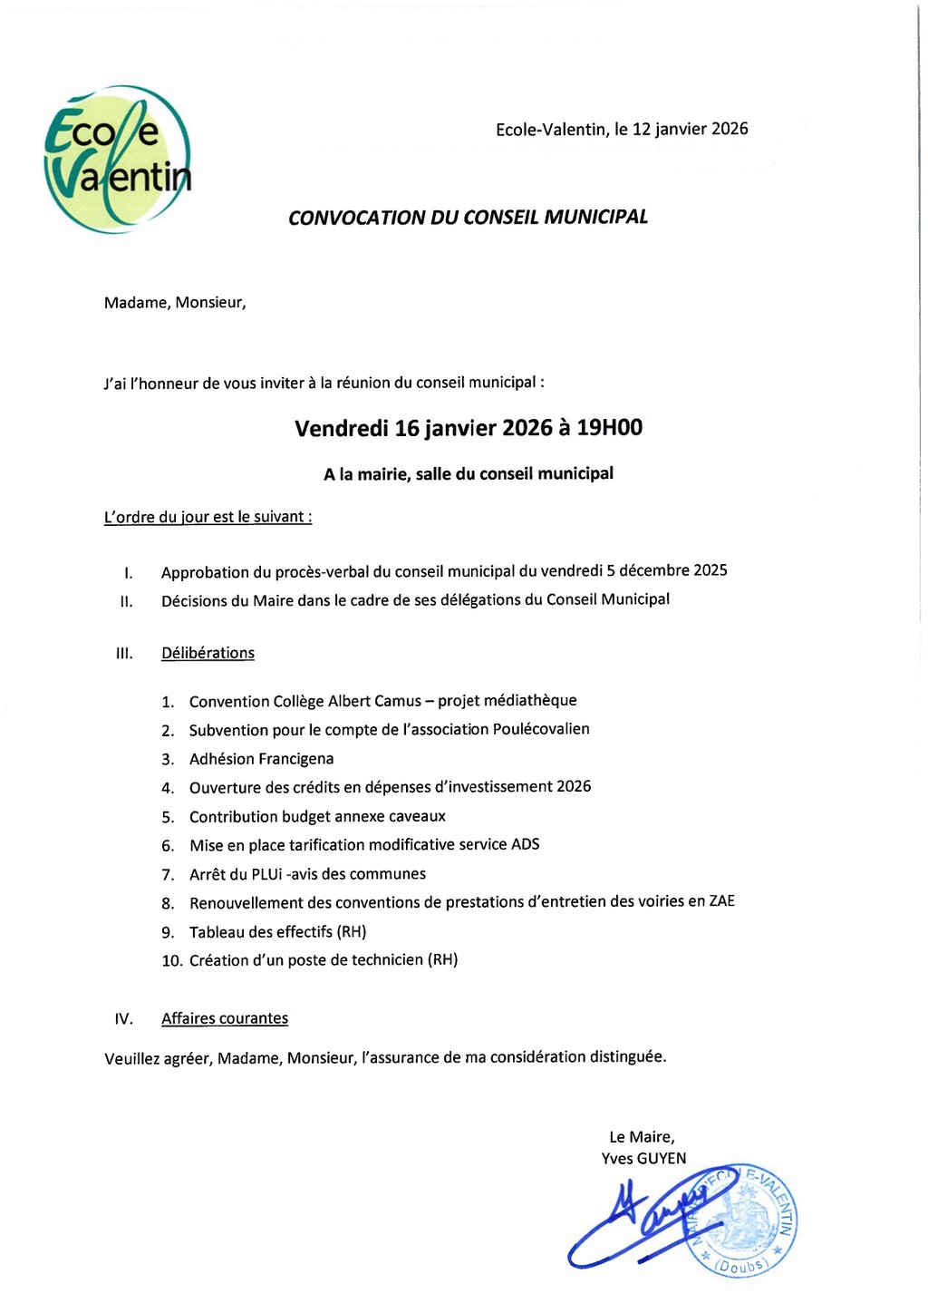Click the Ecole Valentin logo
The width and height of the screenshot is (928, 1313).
point(118,160)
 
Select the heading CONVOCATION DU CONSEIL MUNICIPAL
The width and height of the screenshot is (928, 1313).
point(468,218)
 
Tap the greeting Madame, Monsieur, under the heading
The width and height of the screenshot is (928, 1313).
point(175,303)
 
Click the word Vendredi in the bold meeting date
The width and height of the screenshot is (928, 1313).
point(342,429)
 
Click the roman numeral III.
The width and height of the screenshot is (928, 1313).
point(125,654)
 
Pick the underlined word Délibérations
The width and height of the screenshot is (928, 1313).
point(208,653)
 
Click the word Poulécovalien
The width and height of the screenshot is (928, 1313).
point(541,729)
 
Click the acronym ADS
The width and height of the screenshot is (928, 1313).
point(525,844)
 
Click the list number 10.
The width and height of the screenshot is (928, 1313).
point(172,960)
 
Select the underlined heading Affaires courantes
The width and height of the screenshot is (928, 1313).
point(225,1018)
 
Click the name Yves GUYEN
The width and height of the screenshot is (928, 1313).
point(643,1158)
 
